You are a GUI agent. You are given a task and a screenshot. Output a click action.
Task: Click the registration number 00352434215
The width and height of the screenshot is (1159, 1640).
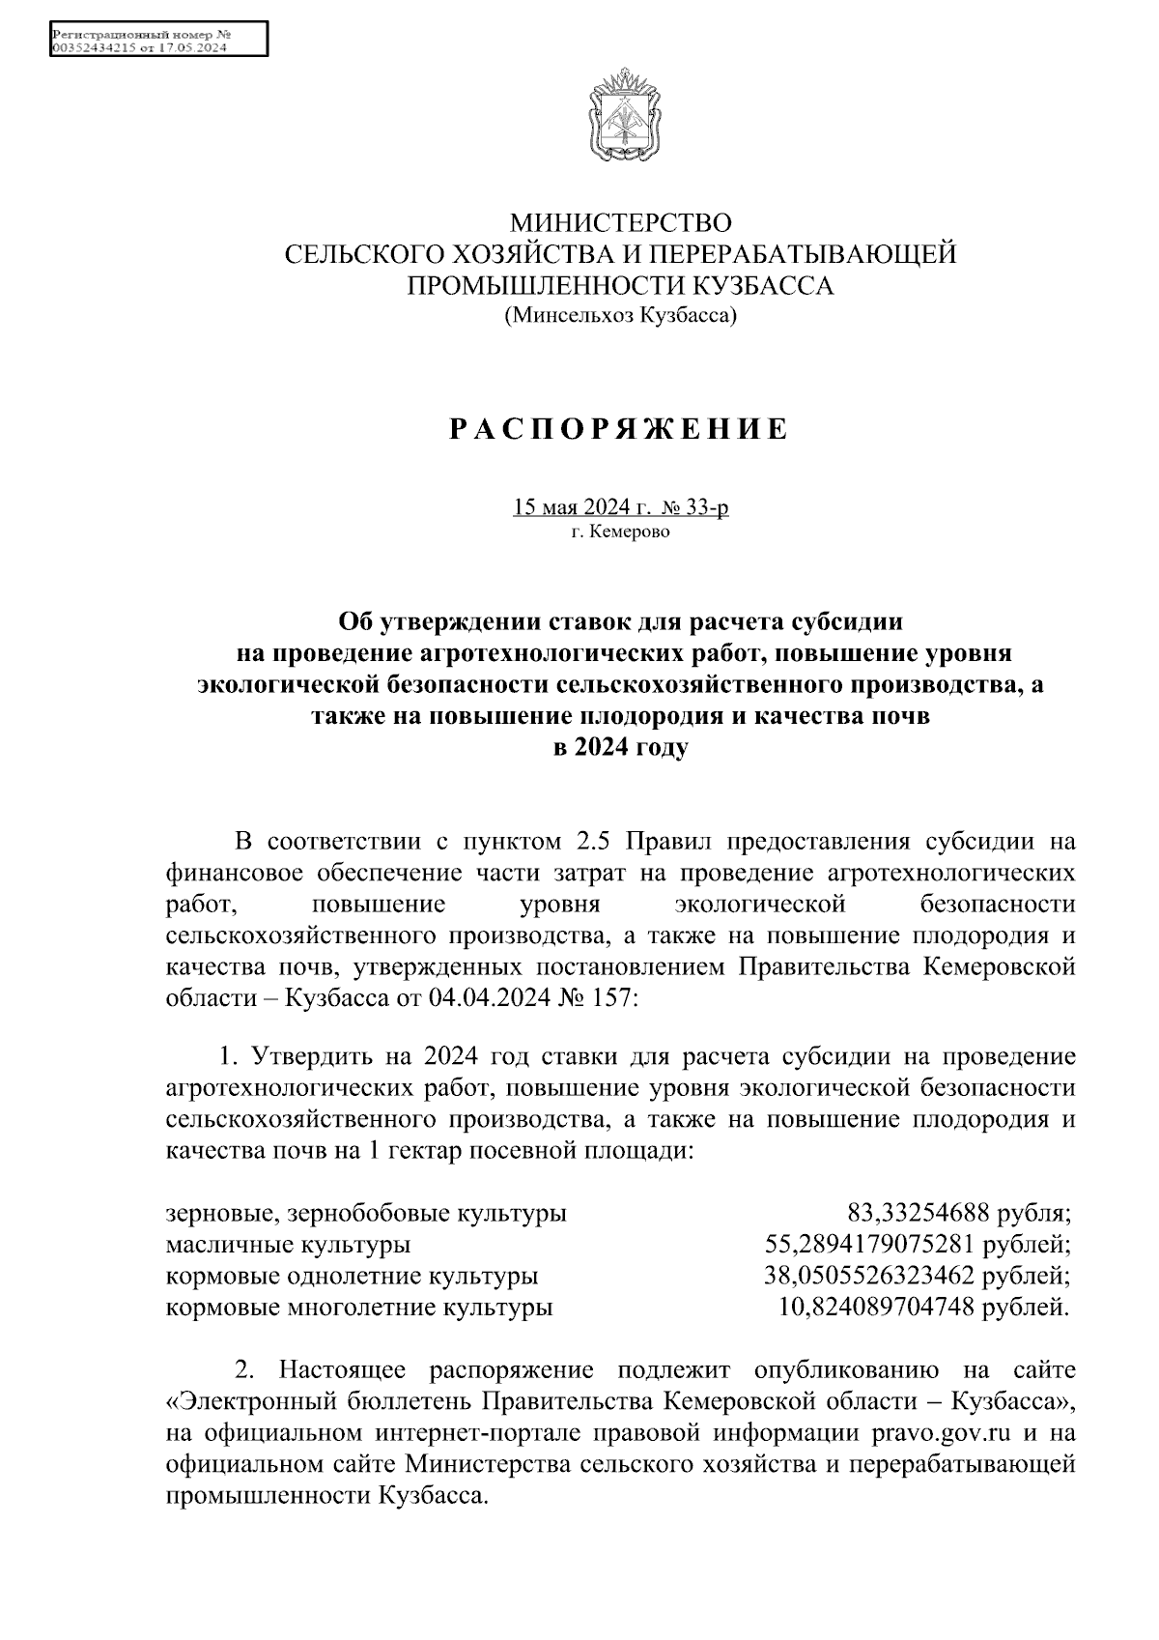[94, 47]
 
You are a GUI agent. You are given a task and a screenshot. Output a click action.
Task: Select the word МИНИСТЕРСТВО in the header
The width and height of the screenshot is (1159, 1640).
[621, 224]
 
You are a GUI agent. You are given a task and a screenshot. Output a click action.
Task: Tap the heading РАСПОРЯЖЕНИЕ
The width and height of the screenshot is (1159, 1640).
[619, 429]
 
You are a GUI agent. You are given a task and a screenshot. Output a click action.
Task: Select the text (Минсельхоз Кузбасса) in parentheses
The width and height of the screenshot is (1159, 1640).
[620, 314]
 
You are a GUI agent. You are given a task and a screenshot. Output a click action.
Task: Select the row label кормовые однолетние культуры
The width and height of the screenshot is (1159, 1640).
[352, 1277]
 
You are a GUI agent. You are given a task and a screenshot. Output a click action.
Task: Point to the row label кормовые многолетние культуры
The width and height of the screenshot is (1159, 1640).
[359, 1309]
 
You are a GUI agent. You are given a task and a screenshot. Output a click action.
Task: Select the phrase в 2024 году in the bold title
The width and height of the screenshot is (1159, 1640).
[619, 747]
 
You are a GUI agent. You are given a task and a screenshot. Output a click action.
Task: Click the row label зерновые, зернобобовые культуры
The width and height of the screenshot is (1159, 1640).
[366, 1213]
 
